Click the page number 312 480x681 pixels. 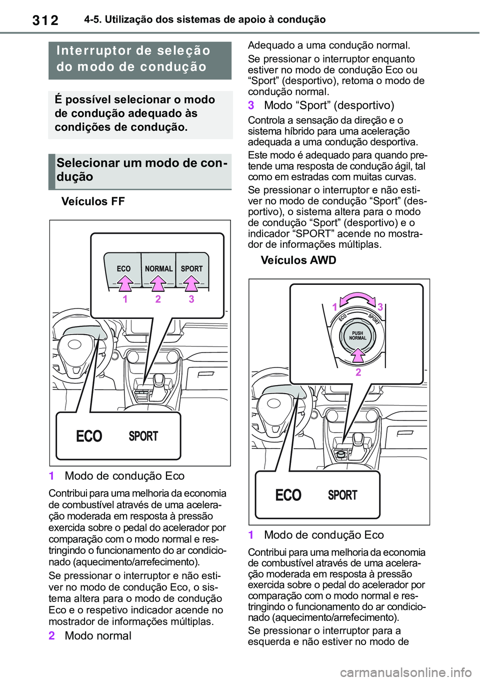pos(45,20)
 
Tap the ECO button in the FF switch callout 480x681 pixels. pos(123,269)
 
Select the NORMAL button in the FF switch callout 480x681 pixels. pos(158,269)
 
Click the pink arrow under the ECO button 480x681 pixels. pos(124,283)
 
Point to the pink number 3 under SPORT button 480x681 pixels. pos(191,299)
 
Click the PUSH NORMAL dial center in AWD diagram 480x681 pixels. pos(357,335)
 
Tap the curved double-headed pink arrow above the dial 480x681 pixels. pos(357,300)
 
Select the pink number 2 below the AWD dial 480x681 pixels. pos(358,372)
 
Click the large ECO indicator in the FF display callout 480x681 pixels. pos(89,436)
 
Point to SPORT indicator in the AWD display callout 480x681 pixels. pos(342,495)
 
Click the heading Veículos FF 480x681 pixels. pos(93,201)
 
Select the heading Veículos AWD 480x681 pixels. pos(298,260)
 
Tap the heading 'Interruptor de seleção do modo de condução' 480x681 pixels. pos(133,59)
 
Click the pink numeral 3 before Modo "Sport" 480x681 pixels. pos(251,105)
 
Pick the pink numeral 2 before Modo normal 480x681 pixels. pos(52,636)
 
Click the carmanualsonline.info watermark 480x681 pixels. pos(405,671)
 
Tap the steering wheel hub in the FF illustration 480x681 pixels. pos(74,345)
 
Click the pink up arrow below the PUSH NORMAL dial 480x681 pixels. pos(357,355)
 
